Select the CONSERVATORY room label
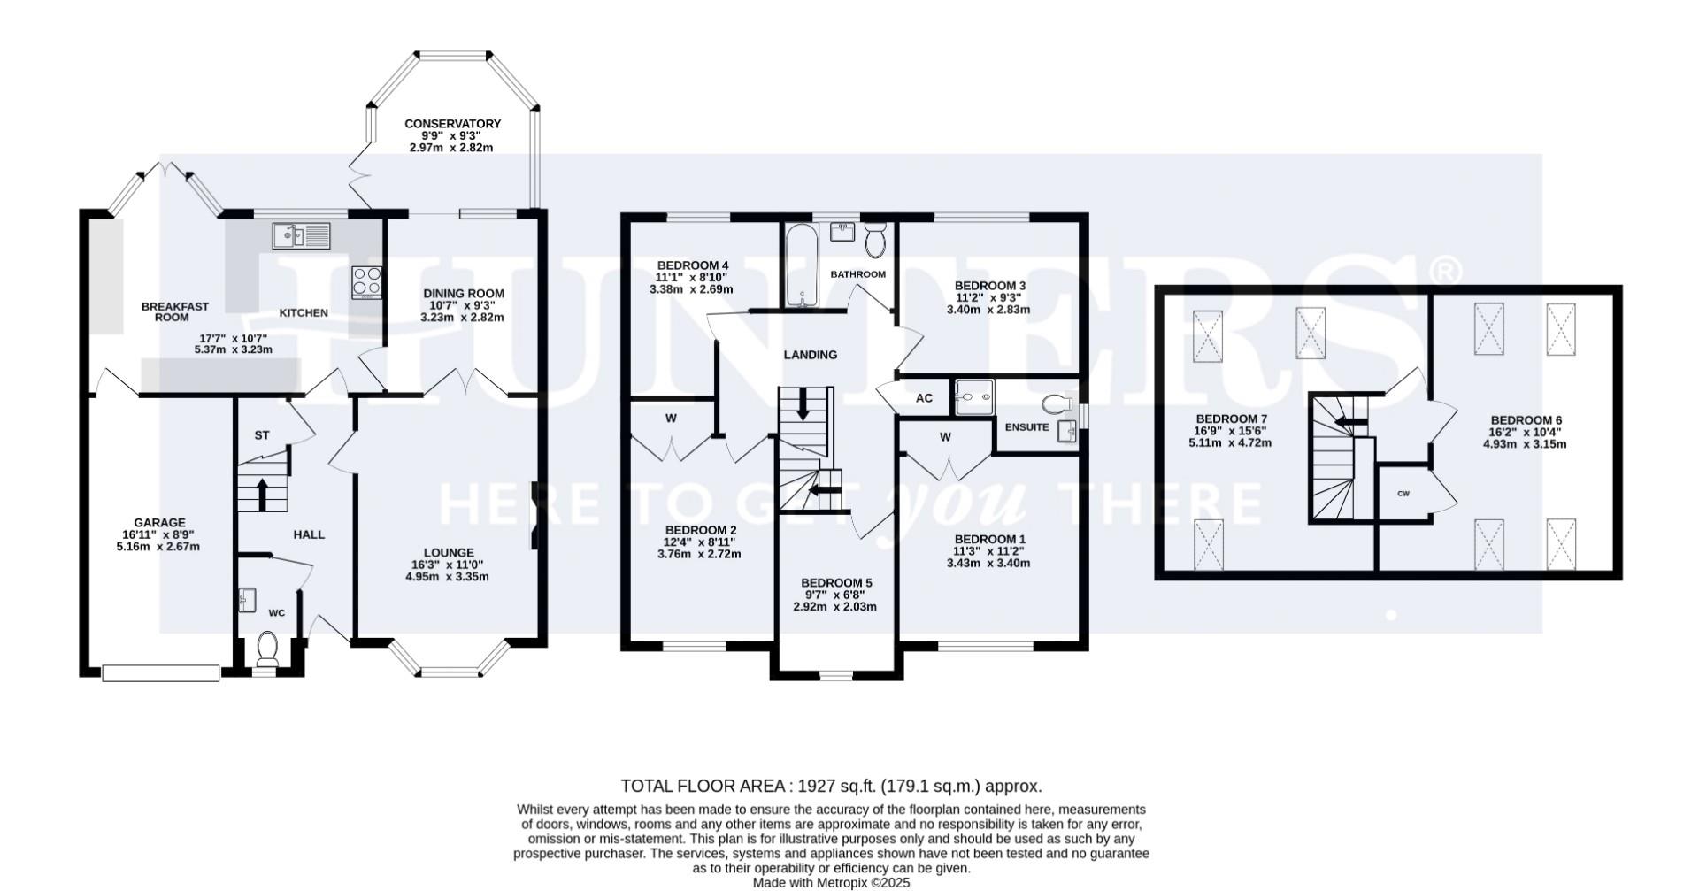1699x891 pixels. [x=452, y=124]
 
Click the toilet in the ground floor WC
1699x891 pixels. [x=266, y=649]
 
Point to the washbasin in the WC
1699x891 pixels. [x=247, y=602]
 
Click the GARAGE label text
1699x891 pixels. [x=159, y=523]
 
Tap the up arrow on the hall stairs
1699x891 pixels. [x=263, y=494]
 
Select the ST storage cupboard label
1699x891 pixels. [x=261, y=435]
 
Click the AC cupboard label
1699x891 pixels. [x=924, y=398]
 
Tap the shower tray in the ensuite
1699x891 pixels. [x=973, y=398]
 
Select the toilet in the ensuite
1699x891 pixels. [x=1056, y=404]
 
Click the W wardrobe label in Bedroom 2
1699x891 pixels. [x=671, y=419]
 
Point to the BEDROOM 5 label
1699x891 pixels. [x=836, y=583]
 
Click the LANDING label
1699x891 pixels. [x=810, y=355]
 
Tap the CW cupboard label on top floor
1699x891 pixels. [x=1403, y=494]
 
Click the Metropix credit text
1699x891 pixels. [x=831, y=882]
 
